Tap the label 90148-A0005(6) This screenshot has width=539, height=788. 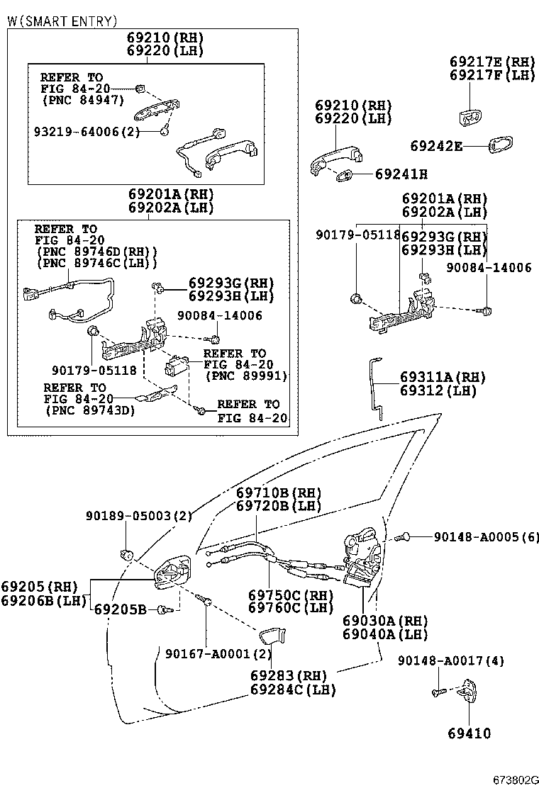[486, 537]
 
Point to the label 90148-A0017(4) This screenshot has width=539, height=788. [450, 660]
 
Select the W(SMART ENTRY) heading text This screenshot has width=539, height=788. [62, 21]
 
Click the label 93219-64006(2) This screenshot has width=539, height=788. [87, 132]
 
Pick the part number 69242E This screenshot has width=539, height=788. [436, 146]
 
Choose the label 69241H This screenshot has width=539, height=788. [401, 174]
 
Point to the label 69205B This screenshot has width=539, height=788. [120, 609]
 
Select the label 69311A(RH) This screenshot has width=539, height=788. [438, 377]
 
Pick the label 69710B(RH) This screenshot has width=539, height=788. [279, 492]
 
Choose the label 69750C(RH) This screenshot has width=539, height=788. [291, 595]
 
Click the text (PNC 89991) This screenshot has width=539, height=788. [246, 376]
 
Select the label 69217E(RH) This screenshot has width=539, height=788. [492, 61]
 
